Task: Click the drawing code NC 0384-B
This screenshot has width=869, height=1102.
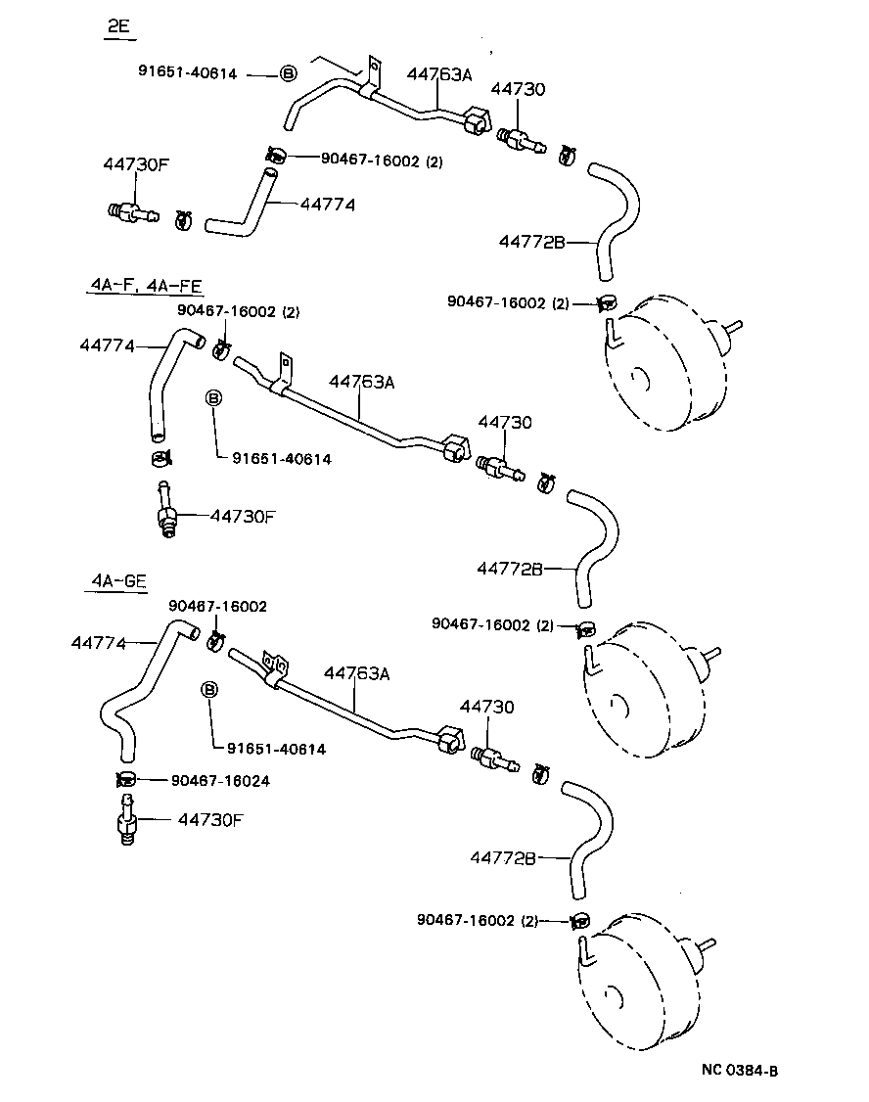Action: [x=740, y=1070]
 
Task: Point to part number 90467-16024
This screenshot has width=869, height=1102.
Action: [x=220, y=780]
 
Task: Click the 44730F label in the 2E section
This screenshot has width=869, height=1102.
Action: [x=136, y=164]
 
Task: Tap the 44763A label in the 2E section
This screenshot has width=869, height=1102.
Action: [x=440, y=74]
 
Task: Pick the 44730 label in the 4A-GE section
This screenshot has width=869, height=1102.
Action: [x=486, y=706]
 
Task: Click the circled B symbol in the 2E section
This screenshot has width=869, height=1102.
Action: [x=288, y=73]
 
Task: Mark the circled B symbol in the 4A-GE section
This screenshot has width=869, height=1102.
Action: [x=208, y=690]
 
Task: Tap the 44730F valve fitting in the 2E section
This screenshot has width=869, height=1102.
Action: [x=129, y=210]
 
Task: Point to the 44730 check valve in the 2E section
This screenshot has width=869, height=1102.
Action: [x=518, y=139]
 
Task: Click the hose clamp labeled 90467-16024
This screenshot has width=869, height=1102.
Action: [x=125, y=779]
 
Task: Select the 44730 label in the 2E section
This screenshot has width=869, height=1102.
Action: [x=518, y=89]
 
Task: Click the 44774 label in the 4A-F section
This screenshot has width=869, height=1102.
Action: [x=107, y=345]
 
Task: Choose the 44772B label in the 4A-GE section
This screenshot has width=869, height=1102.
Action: [x=503, y=857]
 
